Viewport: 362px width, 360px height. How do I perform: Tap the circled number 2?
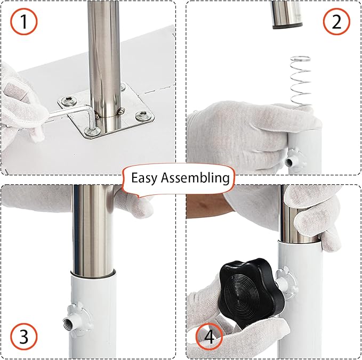coord(336,21)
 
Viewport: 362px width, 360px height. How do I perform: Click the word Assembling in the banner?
coord(199,177)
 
